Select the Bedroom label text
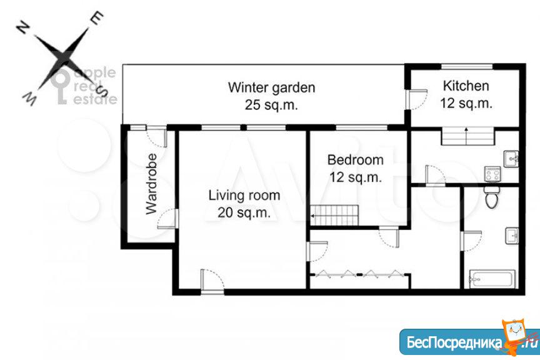click(x=355, y=160)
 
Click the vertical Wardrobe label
click(x=151, y=184)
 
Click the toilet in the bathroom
click(x=491, y=197)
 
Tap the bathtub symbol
click(x=492, y=279)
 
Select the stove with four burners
click(x=492, y=174)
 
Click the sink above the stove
click(x=511, y=159)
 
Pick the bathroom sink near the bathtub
click(x=512, y=236)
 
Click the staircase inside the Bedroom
click(x=334, y=216)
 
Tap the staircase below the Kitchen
click(x=468, y=136)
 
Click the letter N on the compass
click(x=22, y=27)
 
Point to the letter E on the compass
click(x=97, y=18)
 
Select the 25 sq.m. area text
click(x=271, y=105)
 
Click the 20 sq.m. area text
click(x=244, y=212)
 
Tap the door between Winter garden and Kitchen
click(x=417, y=100)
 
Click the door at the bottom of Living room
click(x=212, y=281)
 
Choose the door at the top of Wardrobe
click(x=157, y=136)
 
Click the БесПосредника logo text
click(x=454, y=342)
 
